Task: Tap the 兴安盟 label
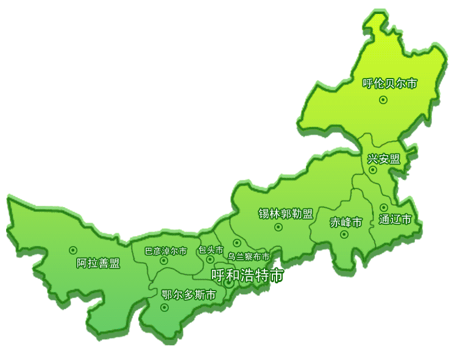tap(384, 159)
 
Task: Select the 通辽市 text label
tap(395, 219)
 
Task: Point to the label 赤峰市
tap(346, 222)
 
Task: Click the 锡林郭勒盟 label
tap(286, 214)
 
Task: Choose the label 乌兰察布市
tap(249, 256)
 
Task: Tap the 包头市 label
tap(210, 250)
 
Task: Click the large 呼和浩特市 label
tap(247, 275)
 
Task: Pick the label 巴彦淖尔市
tap(165, 250)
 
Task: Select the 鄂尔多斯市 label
tap(189, 295)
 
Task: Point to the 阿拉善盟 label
tap(98, 263)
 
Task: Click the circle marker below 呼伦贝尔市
tap(383, 100)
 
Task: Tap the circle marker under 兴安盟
tap(373, 170)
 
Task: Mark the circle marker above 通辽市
tap(383, 208)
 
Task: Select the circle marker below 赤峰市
tap(344, 234)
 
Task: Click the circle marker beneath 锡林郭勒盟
tap(278, 227)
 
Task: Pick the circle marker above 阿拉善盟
tap(73, 250)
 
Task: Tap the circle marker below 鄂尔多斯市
tap(164, 308)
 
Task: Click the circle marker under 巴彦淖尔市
tap(163, 261)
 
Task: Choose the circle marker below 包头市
tap(210, 259)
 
